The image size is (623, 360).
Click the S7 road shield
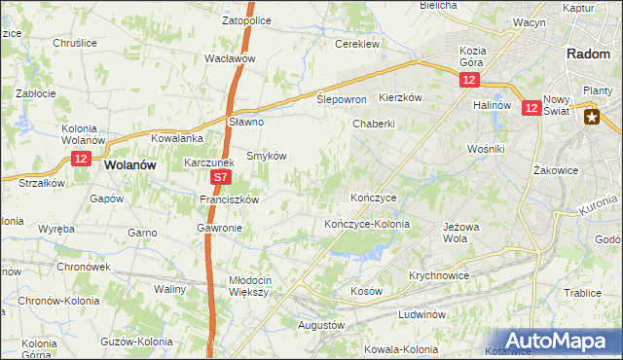221,178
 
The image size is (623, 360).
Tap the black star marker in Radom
591,117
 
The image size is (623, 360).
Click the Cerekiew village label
356,44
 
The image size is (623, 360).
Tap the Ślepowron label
342,99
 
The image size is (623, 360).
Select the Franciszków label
228,199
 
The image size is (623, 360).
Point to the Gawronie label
219,228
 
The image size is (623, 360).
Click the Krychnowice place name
439,275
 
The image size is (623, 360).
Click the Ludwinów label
421,314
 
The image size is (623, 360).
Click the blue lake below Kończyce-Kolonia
354,253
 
